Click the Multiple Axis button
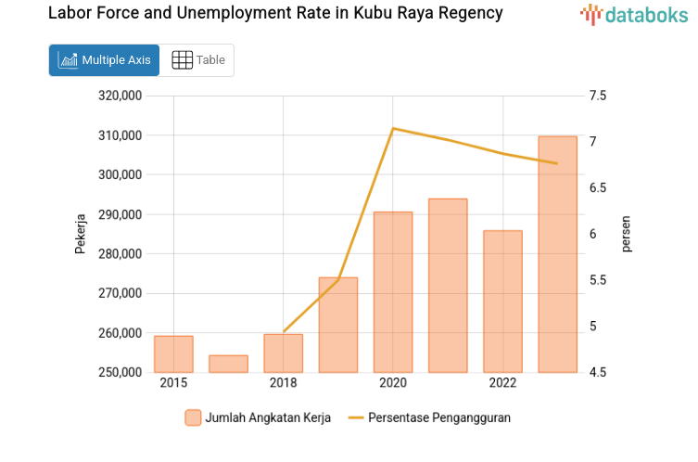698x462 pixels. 104,60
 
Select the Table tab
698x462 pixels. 198,60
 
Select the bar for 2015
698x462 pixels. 173,353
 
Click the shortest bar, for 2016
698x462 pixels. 228,364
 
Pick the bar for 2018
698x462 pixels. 283,353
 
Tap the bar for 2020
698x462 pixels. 393,292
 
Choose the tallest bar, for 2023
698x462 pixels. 557,254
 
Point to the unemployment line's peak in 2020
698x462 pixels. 393,128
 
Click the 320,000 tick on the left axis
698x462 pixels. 120,96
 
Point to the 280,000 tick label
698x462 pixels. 120,254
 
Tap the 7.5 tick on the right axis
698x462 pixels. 597,96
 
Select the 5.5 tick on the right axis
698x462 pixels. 597,280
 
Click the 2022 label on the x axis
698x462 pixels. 502,383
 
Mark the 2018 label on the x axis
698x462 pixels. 283,383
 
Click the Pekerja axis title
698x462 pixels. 81,234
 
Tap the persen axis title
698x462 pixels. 627,234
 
